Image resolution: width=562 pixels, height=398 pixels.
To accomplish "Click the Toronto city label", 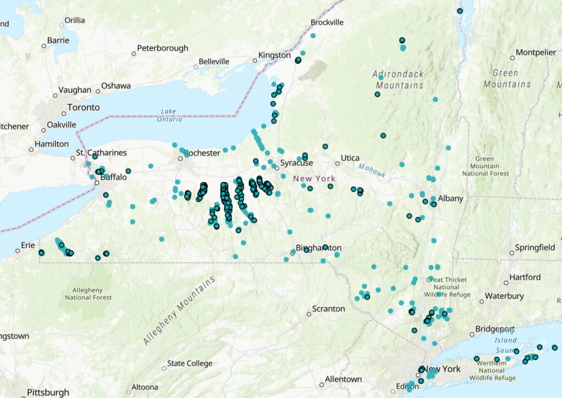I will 83,107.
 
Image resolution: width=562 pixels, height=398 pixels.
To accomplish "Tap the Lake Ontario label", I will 168,115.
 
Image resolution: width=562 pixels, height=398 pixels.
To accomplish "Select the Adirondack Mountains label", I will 400,80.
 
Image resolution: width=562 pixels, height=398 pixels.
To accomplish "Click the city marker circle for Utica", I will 338,162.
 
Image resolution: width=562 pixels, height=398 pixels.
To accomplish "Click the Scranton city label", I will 328,309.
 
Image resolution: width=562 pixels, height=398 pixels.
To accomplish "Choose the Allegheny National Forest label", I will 88,293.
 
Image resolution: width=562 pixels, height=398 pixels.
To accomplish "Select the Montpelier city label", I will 536,52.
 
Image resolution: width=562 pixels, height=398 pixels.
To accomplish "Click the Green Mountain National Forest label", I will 486,166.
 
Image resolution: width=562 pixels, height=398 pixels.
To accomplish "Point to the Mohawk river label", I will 373,171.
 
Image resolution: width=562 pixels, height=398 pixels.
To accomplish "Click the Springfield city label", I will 535,248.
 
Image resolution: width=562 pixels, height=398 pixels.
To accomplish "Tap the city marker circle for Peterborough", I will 133,54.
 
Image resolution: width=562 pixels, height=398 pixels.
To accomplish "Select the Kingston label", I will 275,55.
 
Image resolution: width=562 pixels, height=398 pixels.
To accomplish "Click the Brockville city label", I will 327,23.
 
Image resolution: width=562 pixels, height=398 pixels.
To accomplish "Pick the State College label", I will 190,363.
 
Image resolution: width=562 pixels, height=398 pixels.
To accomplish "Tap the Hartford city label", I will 525,277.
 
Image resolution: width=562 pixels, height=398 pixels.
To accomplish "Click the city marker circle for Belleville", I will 195,67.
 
